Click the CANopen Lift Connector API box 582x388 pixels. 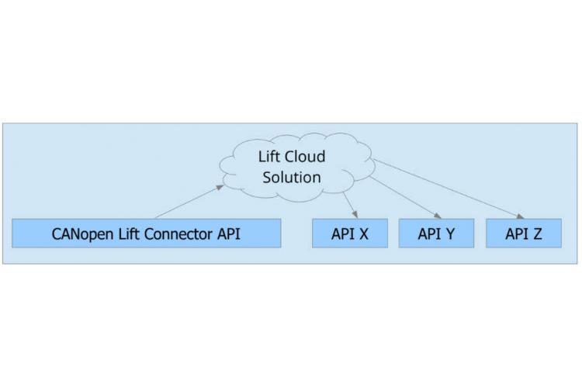tap(146, 234)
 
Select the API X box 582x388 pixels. tap(349, 234)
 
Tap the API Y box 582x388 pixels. tap(436, 234)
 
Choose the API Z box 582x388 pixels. tap(523, 234)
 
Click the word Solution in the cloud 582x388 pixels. tap(292, 177)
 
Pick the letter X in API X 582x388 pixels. tap(362, 234)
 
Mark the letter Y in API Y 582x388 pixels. tap(449, 234)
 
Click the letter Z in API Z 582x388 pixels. tap(536, 234)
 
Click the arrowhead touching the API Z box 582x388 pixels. tap(519, 216)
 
